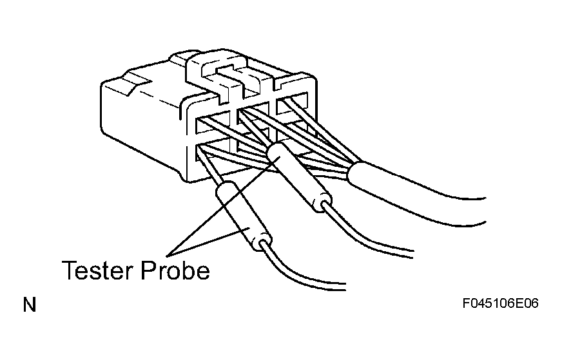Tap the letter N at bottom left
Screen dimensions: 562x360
(x=30, y=305)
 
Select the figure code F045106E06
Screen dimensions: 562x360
(x=500, y=303)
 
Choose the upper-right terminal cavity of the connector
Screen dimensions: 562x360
(x=292, y=104)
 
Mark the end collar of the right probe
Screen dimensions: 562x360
(x=322, y=203)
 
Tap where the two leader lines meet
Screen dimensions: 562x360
(x=168, y=256)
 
